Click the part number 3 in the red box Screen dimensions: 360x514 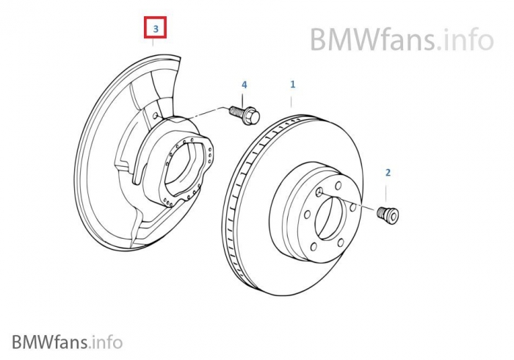pyautogui.click(x=155, y=29)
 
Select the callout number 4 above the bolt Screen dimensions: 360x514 pyautogui.click(x=245, y=85)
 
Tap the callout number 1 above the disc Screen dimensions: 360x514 pyautogui.click(x=292, y=84)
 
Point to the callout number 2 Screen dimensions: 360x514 pyautogui.click(x=388, y=173)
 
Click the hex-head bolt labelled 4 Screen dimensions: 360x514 pyautogui.click(x=245, y=113)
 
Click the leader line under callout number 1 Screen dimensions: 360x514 pyautogui.click(x=292, y=101)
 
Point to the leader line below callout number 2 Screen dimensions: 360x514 pyautogui.click(x=388, y=192)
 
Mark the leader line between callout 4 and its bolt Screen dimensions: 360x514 pyautogui.click(x=245, y=98)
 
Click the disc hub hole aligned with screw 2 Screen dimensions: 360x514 pyautogui.click(x=319, y=192)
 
